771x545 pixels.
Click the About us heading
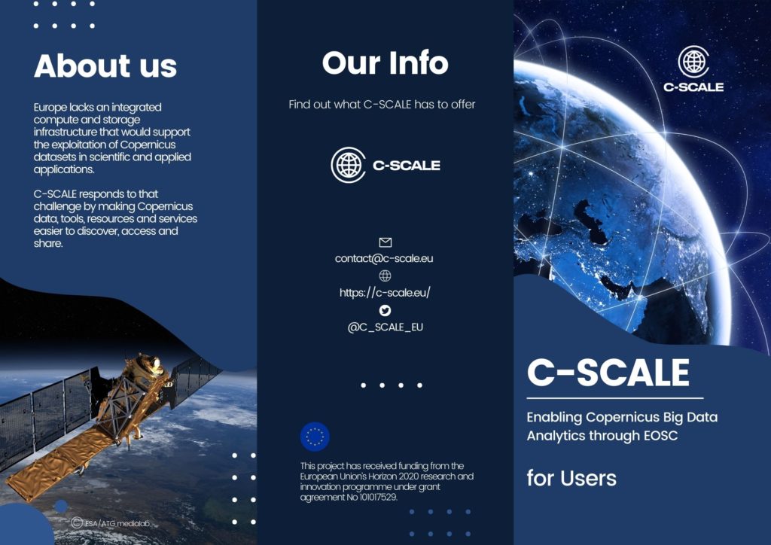[105, 66]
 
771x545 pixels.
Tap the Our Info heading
[385, 63]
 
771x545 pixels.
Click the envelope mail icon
[385, 242]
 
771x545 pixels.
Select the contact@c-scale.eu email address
[384, 258]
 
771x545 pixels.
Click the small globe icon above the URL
[385, 276]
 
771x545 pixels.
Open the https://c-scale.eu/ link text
[385, 293]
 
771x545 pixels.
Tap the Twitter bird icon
[385, 310]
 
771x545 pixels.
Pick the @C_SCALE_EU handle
[385, 327]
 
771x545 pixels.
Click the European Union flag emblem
[315, 436]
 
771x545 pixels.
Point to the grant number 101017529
[373, 497]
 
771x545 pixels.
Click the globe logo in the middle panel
[348, 165]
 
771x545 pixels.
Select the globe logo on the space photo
[693, 62]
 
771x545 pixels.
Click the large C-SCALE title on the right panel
[608, 372]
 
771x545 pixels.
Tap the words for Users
[571, 478]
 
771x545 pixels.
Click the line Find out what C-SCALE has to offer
[382, 105]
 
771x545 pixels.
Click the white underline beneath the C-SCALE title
[614, 398]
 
